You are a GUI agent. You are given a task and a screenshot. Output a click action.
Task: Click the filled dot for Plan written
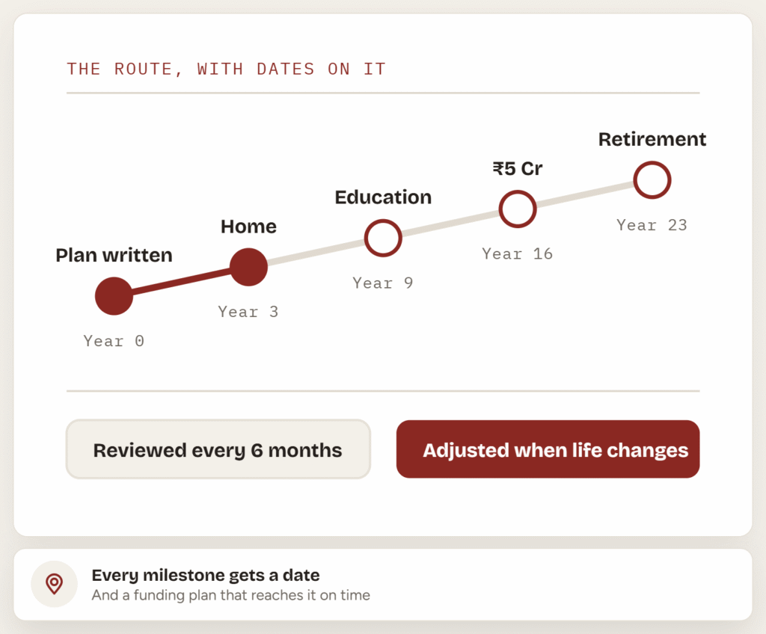tap(114, 296)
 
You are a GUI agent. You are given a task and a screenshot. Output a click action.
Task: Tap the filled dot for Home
tap(248, 267)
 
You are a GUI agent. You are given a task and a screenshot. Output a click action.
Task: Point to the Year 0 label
tap(114, 341)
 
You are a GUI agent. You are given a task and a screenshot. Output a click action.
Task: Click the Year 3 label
tap(248, 312)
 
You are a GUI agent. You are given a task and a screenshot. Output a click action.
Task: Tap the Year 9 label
tap(383, 283)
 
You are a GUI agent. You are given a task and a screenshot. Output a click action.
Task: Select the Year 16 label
tap(518, 253)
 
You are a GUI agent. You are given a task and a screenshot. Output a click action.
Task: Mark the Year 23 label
tap(652, 225)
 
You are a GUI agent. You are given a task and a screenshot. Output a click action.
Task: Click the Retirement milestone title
tap(652, 139)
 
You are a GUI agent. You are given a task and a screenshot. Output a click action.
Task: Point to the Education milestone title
tap(383, 197)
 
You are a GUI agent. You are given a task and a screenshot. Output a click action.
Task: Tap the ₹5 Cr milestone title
tap(518, 168)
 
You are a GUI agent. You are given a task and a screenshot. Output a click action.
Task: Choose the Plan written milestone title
tap(114, 256)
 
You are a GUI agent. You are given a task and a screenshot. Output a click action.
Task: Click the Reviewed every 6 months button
tap(218, 449)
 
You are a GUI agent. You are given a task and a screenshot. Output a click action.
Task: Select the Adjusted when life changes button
tap(548, 449)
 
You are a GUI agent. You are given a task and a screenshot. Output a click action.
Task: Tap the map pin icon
tap(54, 584)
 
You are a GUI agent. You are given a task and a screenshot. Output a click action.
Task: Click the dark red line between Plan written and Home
tap(181, 282)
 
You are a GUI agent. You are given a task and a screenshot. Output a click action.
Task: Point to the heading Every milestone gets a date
tap(206, 576)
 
